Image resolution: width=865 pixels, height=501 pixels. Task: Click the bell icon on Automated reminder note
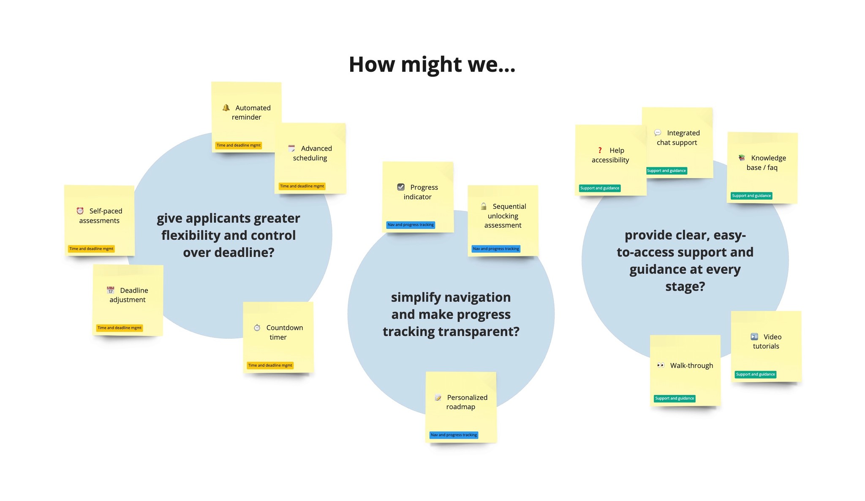coord(226,108)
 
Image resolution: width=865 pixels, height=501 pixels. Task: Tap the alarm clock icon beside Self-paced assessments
coord(80,211)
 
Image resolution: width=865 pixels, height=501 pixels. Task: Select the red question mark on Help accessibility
coord(600,150)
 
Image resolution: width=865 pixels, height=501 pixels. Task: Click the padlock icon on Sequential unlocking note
coord(484,206)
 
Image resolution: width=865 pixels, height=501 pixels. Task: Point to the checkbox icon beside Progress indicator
coord(401,187)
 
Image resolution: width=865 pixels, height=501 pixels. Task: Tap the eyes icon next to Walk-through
coord(661,365)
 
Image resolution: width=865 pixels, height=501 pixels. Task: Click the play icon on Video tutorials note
coord(754,337)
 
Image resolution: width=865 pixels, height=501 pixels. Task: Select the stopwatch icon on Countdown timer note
coord(257,328)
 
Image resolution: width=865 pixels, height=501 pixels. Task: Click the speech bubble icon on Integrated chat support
coord(658,133)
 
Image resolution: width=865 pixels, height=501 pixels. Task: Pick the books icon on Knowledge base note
coord(742,158)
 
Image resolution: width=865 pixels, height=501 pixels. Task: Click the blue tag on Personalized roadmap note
coord(454,435)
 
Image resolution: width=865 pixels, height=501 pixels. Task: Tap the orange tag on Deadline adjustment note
coord(120,328)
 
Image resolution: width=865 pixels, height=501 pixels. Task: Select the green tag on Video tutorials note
coord(755,374)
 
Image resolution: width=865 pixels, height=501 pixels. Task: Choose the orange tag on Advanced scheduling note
coord(302,186)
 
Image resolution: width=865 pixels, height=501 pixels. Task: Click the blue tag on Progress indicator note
coord(411,224)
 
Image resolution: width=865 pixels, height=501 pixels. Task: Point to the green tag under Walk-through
coord(675,398)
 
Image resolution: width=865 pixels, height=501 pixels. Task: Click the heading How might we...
coord(432,65)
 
